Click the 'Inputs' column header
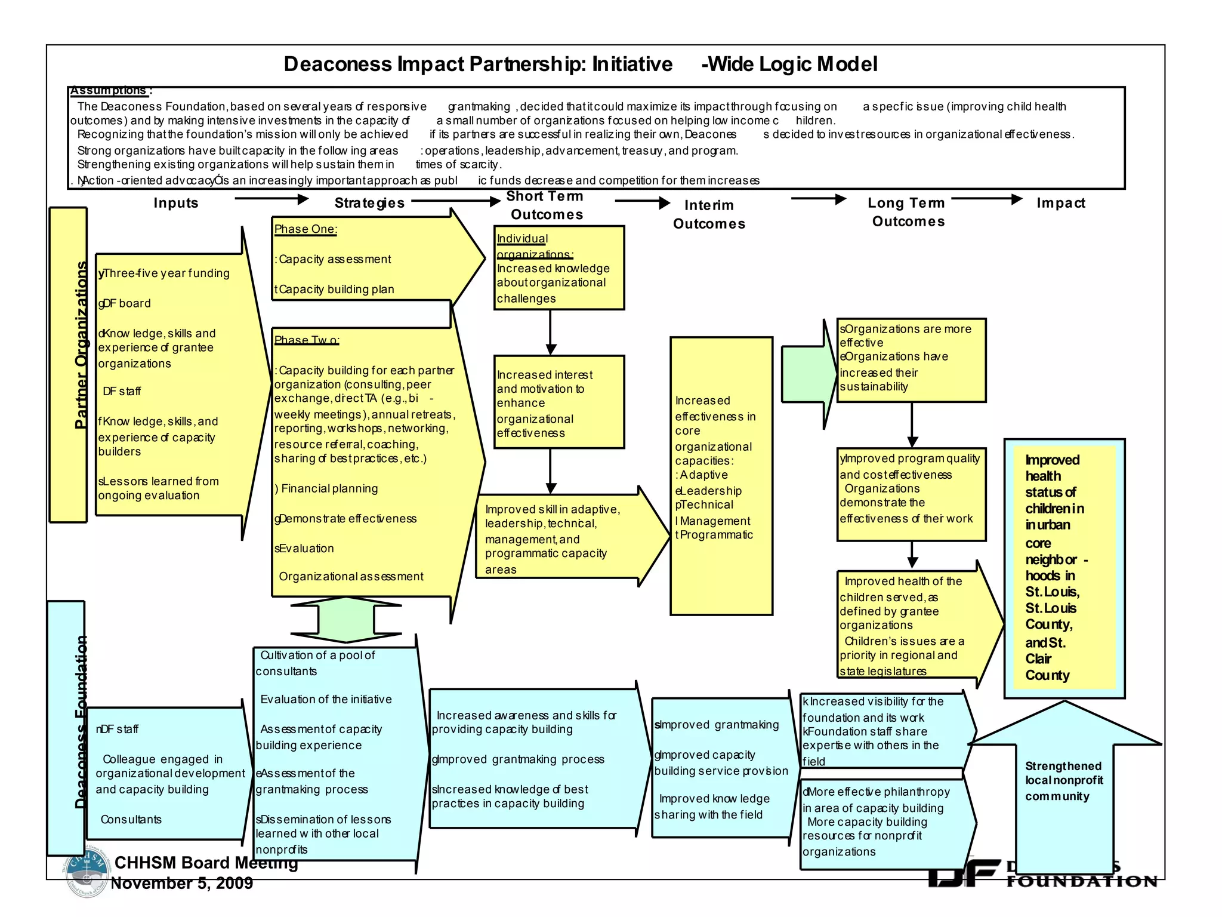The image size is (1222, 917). (x=175, y=203)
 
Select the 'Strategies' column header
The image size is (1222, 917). (x=369, y=203)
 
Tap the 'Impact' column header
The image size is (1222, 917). (x=1060, y=203)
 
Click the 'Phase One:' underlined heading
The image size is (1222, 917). (x=305, y=229)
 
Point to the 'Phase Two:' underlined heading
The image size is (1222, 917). (x=307, y=340)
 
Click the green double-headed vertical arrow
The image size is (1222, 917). (x=346, y=620)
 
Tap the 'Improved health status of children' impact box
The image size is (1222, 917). (x=1064, y=568)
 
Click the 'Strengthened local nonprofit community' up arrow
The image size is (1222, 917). (x=1064, y=782)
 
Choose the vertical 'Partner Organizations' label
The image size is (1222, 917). (x=81, y=345)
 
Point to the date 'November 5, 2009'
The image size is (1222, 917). (x=182, y=884)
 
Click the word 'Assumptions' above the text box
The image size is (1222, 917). (x=109, y=91)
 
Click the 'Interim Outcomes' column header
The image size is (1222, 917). (x=709, y=214)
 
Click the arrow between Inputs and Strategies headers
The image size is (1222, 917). (x=271, y=199)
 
